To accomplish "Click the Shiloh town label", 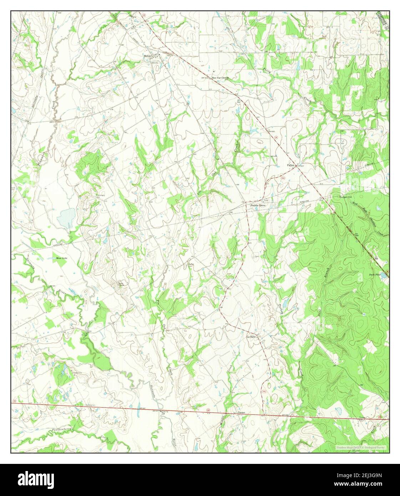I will [x=147, y=56].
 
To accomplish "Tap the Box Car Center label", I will [x=220, y=77].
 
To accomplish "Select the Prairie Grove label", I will [x=258, y=206].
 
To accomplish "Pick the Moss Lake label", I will [x=61, y=258].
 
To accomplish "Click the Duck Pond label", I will [x=374, y=275].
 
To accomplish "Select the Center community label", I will [x=242, y=413].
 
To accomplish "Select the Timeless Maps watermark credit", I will [x=361, y=447].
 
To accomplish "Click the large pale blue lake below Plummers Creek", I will [x=67, y=217].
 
